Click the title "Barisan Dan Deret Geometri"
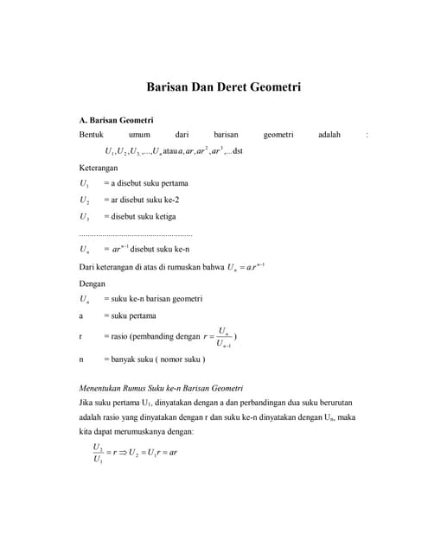coord(223,88)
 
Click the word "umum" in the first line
coord(139,135)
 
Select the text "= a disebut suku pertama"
coord(145,183)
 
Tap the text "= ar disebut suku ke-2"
coord(144,200)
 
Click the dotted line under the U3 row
coord(135,233)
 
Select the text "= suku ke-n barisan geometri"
coord(153,298)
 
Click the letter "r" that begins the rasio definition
coord(80,336)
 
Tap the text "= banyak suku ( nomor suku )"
coord(154,358)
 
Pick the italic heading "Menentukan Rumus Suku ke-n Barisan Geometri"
coord(161,387)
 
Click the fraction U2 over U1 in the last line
coord(98,452)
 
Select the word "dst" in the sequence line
coord(239,151)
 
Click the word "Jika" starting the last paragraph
coord(86,403)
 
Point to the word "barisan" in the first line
coord(226,135)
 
